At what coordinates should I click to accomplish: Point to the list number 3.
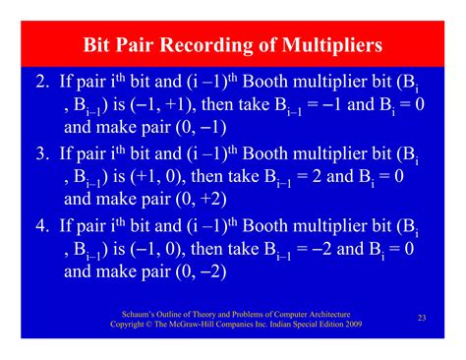[x=40, y=154]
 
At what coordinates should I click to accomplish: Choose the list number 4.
[x=40, y=227]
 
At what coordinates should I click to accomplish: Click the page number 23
[x=421, y=317]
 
